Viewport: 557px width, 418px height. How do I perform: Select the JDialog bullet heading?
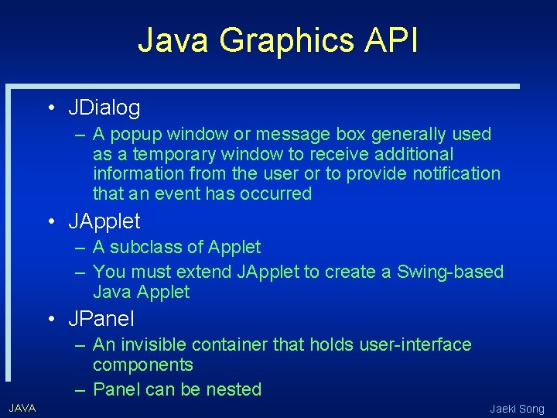coord(104,107)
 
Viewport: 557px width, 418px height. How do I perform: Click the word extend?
coord(204,272)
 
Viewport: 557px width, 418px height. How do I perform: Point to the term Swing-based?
coord(450,272)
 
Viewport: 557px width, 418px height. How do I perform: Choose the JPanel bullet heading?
coord(101,318)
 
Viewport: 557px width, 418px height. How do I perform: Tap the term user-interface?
coord(415,344)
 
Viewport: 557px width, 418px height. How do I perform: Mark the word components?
coord(143,365)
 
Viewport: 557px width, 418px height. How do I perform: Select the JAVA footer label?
coord(22,408)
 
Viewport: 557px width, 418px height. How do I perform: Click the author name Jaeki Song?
coord(517,409)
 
